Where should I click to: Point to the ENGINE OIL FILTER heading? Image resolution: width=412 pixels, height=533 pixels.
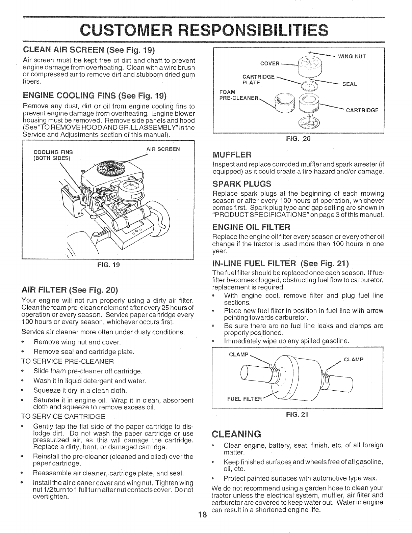click(x=251, y=226)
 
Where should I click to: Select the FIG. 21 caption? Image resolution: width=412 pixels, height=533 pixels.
click(x=298, y=415)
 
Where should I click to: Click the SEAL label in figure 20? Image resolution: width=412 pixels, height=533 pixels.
click(x=350, y=84)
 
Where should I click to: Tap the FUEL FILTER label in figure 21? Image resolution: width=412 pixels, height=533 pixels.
click(x=245, y=399)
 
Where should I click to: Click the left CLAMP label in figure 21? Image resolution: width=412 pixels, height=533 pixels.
click(x=238, y=355)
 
